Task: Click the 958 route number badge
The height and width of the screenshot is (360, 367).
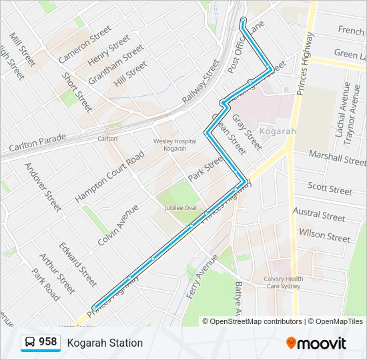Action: [47, 342]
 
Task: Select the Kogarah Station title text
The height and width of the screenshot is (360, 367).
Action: [105, 343]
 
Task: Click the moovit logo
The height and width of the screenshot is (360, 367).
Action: [316, 343]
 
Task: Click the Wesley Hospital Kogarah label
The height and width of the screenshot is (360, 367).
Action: [174, 145]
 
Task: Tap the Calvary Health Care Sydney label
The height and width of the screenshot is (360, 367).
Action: [283, 283]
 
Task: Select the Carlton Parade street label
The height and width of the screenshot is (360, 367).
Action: [37, 142]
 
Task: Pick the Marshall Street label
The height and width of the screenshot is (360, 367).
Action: [338, 158]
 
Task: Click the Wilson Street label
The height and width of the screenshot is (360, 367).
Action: [324, 235]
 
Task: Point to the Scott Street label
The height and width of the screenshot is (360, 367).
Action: [330, 189]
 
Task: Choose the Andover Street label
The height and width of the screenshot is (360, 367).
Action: [43, 187]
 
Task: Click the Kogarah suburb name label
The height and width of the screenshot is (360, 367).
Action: [278, 131]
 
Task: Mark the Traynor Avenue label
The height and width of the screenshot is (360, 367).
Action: [356, 111]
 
